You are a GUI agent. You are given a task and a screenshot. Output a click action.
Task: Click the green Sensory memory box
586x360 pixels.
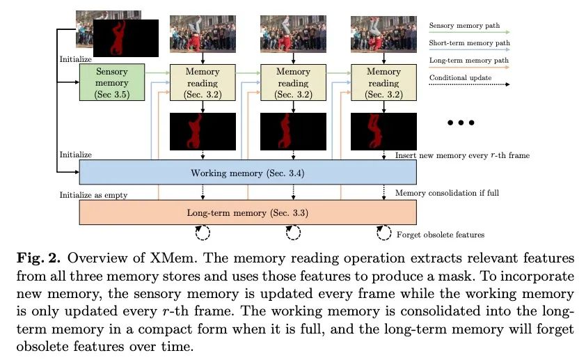coord(112,82)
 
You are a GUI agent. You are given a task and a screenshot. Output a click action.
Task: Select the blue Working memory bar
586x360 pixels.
coord(248,172)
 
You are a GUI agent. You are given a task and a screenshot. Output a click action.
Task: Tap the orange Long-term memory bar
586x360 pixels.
coord(248,212)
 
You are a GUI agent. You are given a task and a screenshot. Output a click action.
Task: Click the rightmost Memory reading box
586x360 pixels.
coord(383,83)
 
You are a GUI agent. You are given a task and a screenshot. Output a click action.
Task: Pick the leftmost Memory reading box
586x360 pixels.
coord(203,83)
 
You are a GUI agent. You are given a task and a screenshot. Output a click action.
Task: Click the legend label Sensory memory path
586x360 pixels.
coord(464,26)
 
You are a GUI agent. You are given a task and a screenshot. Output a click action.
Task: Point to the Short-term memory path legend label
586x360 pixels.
coord(469,42)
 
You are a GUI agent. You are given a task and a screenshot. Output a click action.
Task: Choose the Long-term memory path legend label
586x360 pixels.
coord(468,60)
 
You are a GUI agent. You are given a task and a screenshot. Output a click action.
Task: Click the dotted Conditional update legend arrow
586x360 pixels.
coord(469,84)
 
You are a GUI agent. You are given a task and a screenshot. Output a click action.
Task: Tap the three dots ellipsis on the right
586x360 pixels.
coord(461,123)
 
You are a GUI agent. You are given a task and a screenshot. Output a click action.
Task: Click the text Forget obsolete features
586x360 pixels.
coord(441,235)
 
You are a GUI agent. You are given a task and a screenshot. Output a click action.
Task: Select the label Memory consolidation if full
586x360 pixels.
coord(447,193)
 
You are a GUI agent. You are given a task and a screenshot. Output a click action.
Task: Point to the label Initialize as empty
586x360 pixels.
coord(93,195)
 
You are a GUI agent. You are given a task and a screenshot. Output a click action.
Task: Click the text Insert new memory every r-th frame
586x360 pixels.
coord(462,155)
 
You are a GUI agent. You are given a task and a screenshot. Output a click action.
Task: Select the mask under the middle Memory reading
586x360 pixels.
coord(293,132)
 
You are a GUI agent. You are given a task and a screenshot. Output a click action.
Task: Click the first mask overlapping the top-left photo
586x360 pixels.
coord(125,38)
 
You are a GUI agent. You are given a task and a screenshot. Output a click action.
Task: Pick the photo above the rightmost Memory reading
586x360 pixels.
coord(383,34)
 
